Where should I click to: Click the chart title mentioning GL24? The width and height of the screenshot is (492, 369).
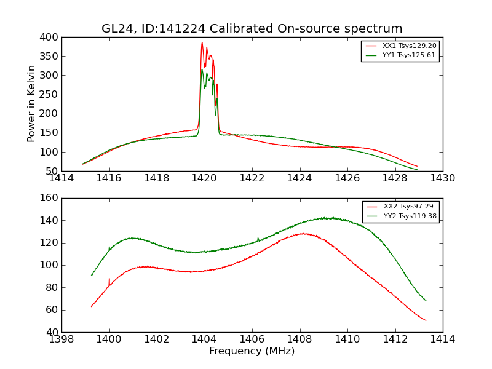click(252, 29)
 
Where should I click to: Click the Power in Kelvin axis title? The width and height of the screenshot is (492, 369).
click(31, 104)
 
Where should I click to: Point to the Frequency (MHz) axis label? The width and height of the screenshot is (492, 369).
click(252, 351)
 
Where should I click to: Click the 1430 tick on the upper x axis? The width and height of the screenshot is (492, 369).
click(442, 178)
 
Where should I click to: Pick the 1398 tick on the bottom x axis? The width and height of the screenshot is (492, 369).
click(61, 339)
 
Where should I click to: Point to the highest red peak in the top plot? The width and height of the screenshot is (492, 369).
click(202, 42)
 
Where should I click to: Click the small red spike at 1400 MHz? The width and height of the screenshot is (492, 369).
click(109, 279)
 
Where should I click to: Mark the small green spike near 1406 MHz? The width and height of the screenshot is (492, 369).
click(258, 238)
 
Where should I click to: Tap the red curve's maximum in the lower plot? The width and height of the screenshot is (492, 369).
click(303, 234)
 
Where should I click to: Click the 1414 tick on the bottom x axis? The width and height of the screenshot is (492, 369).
click(442, 339)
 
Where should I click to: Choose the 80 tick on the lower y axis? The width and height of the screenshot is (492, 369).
click(52, 287)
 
